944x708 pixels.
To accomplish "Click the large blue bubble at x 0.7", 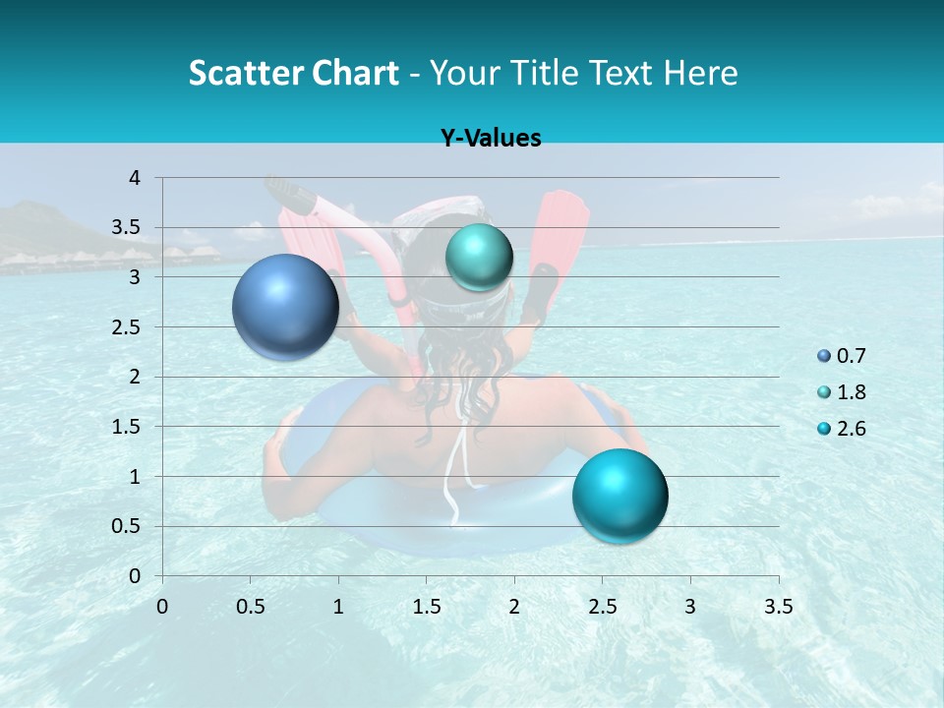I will pos(286,307).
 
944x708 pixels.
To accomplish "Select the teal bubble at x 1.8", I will pos(479,258).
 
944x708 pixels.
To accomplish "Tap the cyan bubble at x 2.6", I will pos(619,496).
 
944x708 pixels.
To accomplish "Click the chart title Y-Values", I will pos(491,139).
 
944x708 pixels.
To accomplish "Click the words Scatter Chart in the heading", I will pos(294,73).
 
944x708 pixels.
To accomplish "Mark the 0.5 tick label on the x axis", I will pos(250,607).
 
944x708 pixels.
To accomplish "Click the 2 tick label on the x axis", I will pos(514,607).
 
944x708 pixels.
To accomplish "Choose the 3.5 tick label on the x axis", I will pos(778,607).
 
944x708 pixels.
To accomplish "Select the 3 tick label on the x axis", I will pos(690,607).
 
